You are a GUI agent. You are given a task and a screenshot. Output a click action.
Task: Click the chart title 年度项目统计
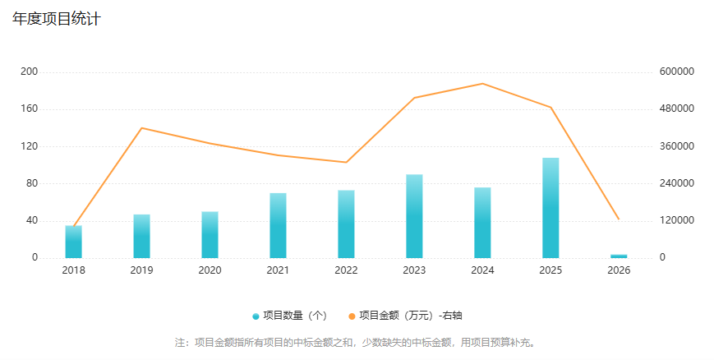pyautogui.click(x=56, y=19)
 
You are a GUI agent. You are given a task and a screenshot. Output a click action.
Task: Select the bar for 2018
pyautogui.click(x=73, y=242)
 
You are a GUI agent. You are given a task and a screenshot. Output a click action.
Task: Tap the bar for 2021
pyautogui.click(x=278, y=225)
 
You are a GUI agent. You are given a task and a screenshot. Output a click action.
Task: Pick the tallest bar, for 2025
pyautogui.click(x=550, y=208)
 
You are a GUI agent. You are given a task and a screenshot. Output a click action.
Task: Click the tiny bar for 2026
pyautogui.click(x=619, y=256)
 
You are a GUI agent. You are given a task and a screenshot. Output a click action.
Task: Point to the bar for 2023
pyautogui.click(x=414, y=216)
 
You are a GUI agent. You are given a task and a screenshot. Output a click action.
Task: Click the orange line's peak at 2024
pyautogui.click(x=482, y=84)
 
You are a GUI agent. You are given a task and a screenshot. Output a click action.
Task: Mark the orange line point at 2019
pyautogui.click(x=141, y=128)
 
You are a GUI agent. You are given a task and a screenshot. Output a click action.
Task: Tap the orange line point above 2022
pyautogui.click(x=346, y=162)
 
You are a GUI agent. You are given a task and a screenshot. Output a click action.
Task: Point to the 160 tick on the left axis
pyautogui.click(x=29, y=109)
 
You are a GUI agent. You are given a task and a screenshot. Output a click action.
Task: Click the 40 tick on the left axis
pyautogui.click(x=31, y=220)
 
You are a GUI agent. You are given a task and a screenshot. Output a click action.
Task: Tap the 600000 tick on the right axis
pyautogui.click(x=678, y=72)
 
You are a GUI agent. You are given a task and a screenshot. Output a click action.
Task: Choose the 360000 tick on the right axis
pyautogui.click(x=678, y=146)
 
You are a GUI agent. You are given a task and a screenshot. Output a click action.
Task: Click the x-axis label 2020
pyautogui.click(x=210, y=270)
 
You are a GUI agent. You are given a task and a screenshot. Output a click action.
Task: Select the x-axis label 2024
pyautogui.click(x=482, y=270)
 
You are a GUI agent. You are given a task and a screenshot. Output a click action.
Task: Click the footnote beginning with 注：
pyautogui.click(x=356, y=342)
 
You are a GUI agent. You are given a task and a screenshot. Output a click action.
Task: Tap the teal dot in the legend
pyautogui.click(x=256, y=316)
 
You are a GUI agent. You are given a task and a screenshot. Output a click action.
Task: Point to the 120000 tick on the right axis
pyautogui.click(x=678, y=220)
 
